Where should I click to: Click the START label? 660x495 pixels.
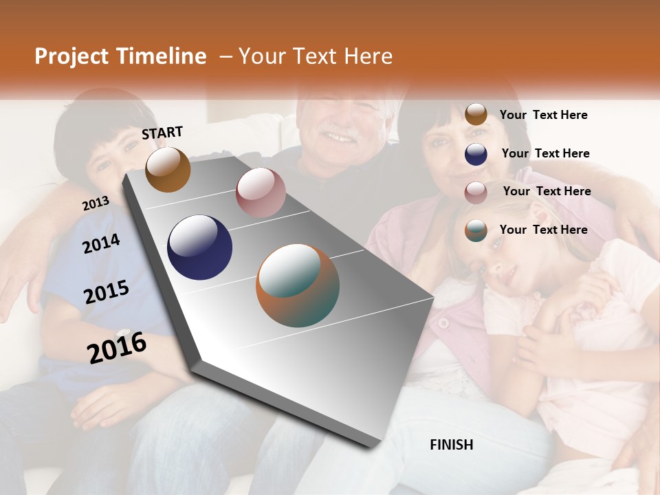[x=162, y=133]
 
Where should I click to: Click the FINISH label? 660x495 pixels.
[x=452, y=445]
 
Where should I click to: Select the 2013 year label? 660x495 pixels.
[x=96, y=203]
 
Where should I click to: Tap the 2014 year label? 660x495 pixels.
[x=101, y=243]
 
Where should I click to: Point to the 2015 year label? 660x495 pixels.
[x=106, y=292]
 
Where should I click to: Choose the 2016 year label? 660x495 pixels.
[x=117, y=347]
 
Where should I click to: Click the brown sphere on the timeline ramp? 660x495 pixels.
[x=168, y=169]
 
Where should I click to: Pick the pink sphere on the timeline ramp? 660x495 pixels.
[x=261, y=192]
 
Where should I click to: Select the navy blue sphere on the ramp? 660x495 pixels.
[x=199, y=247]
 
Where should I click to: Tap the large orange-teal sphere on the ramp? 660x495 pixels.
[x=298, y=285]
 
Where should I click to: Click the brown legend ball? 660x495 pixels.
[x=476, y=114]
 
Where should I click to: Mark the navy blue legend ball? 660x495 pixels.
[x=476, y=154]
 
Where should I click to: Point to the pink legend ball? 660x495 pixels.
[x=476, y=192]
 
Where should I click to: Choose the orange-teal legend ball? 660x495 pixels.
[x=476, y=230]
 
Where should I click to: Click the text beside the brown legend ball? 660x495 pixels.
[x=543, y=115]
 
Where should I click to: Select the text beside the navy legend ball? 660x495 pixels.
[x=545, y=153]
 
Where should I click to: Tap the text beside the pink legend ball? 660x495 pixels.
[x=547, y=191]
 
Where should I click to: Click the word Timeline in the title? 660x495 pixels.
[x=162, y=56]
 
